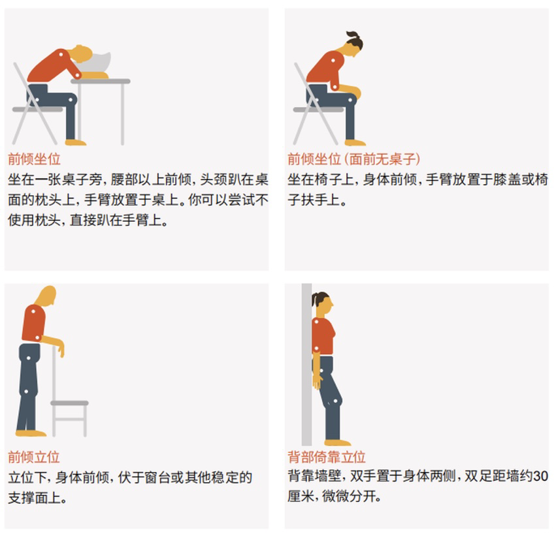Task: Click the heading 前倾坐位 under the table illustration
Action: [34, 159]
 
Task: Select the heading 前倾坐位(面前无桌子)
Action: [353, 159]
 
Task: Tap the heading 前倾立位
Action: [34, 456]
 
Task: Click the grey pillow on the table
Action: [98, 63]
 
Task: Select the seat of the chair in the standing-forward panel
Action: [69, 403]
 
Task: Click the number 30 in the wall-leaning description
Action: [540, 476]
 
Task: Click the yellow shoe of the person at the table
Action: [75, 142]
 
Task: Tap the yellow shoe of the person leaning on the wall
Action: [337, 442]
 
